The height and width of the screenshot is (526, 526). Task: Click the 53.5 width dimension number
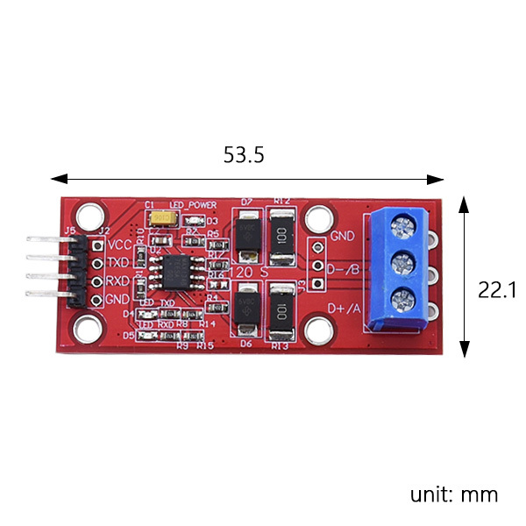coord(244,156)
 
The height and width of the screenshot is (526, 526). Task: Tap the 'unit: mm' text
coord(453,494)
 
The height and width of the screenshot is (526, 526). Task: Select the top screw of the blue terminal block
coord(403,230)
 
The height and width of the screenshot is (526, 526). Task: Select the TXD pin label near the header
coord(118,263)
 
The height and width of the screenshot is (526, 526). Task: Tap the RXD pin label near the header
coord(118,281)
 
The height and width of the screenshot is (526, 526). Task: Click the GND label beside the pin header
coord(118,299)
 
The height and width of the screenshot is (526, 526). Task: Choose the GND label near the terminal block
coord(343,237)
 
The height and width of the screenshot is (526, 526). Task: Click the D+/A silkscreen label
coord(344,308)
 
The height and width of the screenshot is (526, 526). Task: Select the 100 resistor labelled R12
coord(281,237)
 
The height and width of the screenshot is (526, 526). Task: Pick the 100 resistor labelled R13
coord(281,310)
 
